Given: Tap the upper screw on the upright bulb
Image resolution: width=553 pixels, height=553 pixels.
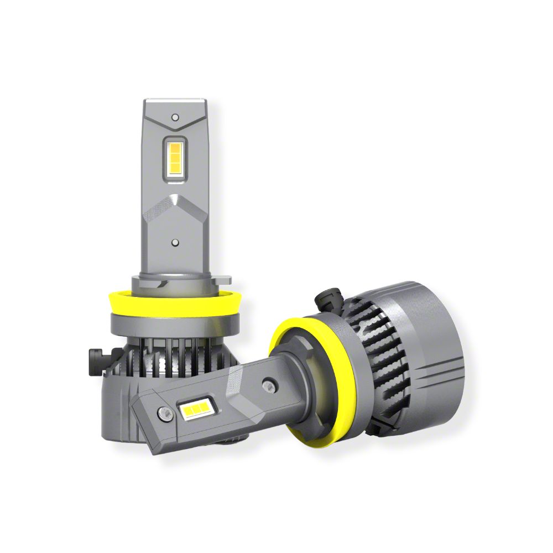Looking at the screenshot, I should (x=175, y=117).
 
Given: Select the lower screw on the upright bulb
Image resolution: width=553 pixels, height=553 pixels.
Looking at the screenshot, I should (x=175, y=242).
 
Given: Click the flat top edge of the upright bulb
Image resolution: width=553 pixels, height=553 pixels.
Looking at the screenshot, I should (x=175, y=102).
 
